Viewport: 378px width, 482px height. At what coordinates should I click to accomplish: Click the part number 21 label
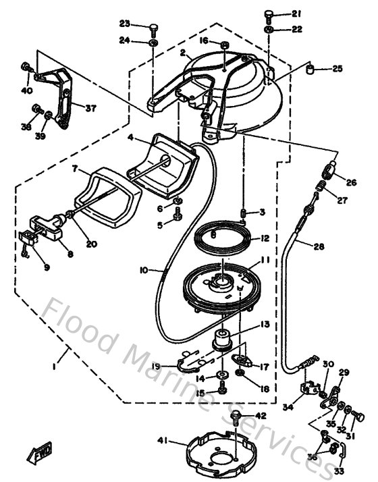click(298, 14)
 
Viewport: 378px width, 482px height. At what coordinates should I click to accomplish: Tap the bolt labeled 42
click(237, 417)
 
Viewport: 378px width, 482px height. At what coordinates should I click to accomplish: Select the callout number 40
click(27, 90)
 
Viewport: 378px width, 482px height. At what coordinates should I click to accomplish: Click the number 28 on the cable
click(319, 246)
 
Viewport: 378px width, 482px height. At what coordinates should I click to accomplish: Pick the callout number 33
click(338, 471)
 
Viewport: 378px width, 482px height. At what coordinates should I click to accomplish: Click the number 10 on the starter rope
click(143, 270)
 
